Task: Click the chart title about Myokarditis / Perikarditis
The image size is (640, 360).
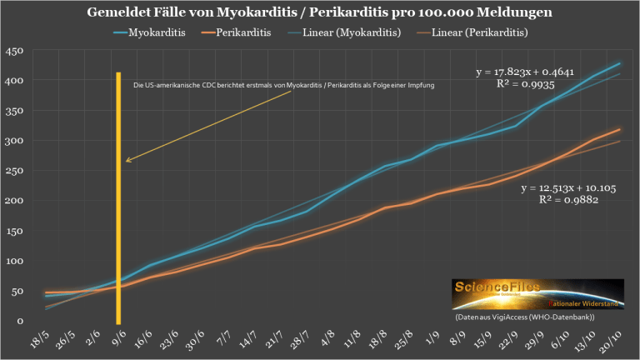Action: point(320,12)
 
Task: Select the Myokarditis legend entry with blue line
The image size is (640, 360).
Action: point(150,32)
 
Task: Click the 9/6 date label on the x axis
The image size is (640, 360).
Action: point(118,337)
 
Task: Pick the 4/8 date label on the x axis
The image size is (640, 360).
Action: point(305,337)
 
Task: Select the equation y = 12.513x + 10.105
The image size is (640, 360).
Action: point(568,189)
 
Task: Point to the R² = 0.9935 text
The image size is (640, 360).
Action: point(522,85)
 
